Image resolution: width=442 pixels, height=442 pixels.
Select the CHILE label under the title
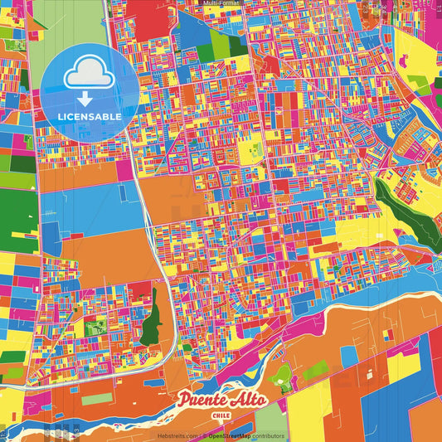221,415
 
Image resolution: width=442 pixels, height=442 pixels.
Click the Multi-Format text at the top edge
221,3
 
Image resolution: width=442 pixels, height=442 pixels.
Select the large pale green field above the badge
70,21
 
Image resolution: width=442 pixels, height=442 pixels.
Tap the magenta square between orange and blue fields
124,170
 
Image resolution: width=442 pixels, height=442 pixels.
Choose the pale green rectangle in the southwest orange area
96,399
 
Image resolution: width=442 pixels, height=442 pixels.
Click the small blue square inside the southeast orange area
348,357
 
